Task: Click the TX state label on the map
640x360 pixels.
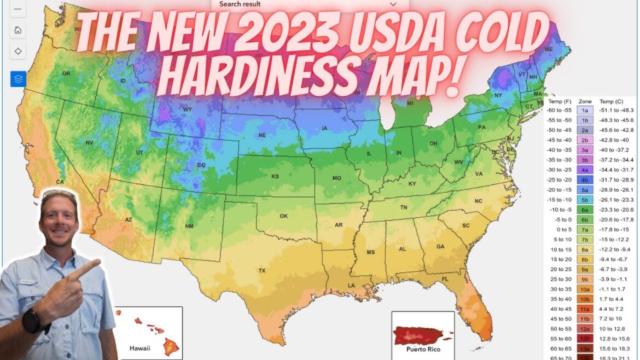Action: [x=262, y=271]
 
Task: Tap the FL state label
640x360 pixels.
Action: [x=445, y=279]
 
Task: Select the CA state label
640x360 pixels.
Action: [x=60, y=182]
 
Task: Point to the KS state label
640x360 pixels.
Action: [x=275, y=176]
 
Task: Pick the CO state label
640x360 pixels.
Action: [x=201, y=165]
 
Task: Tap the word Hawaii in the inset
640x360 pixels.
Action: [x=140, y=348]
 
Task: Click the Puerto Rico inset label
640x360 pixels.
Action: [x=422, y=349]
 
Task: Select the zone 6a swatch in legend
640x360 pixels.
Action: [x=584, y=210]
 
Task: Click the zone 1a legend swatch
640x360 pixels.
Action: [x=584, y=110]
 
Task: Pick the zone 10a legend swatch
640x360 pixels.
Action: [x=584, y=289]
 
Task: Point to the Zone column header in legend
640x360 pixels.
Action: [x=584, y=101]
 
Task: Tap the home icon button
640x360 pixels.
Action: [x=18, y=30]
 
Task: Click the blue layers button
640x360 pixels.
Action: [x=18, y=79]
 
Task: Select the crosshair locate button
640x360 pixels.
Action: [x=18, y=51]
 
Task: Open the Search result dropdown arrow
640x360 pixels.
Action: [x=392, y=4]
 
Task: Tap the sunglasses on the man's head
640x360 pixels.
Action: [x=59, y=194]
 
